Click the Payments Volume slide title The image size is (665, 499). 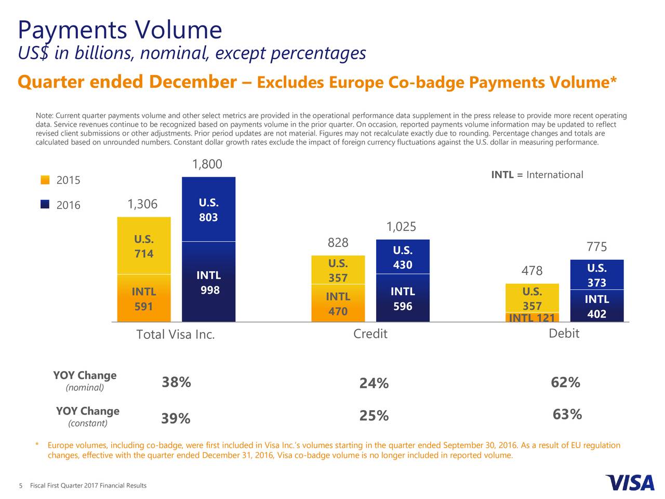click(119, 30)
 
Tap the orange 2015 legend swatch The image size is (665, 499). click(45, 180)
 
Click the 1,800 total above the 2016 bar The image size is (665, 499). click(207, 165)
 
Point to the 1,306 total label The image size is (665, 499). click(142, 204)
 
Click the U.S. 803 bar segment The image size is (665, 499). click(208, 209)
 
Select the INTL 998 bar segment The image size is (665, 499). click(208, 282)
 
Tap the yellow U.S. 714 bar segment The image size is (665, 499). click(144, 246)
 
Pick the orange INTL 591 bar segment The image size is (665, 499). click(144, 299)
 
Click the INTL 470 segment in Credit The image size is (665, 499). click(338, 304)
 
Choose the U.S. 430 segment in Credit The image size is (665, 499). click(403, 257)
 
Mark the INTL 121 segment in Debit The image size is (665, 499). click(532, 318)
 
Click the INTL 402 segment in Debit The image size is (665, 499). click(596, 307)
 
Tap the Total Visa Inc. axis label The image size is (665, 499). click(175, 335)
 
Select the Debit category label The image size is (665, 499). click(564, 334)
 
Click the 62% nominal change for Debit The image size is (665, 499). click(565, 383)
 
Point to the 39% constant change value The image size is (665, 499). click(176, 418)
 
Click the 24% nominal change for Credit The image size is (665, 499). click(374, 384)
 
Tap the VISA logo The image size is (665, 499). click(630, 483)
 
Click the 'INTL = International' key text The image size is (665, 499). click(537, 175)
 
